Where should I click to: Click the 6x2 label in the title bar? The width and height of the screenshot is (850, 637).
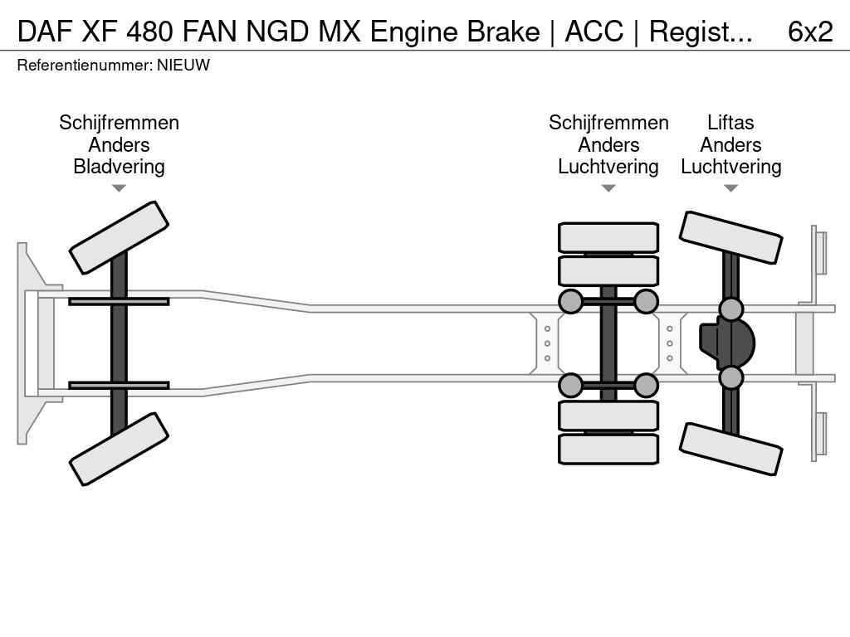click(810, 32)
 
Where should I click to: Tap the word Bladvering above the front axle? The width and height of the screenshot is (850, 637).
click(119, 167)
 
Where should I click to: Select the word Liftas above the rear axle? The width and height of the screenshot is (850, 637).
click(730, 123)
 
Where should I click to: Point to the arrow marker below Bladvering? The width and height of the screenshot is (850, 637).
click(119, 188)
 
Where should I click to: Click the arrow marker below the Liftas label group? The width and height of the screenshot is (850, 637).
click(730, 188)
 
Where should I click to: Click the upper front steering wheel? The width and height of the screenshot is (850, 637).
click(119, 237)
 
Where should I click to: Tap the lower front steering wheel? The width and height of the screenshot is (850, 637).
click(119, 449)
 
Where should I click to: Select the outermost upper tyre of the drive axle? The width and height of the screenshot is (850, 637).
click(608, 238)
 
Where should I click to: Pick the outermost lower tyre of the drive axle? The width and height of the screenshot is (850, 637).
click(608, 449)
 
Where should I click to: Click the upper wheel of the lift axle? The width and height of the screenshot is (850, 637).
click(730, 237)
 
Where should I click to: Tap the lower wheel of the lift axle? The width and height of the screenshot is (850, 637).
click(730, 449)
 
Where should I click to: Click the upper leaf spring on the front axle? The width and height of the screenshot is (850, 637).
click(119, 301)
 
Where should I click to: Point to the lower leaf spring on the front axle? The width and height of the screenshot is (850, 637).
click(119, 386)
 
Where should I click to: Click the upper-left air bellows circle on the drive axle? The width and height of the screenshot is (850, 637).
click(570, 301)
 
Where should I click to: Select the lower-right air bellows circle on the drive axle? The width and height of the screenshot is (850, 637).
click(646, 386)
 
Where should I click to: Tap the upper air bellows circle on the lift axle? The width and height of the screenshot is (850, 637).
click(730, 309)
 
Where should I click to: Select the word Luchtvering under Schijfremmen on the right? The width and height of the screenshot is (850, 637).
click(608, 167)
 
